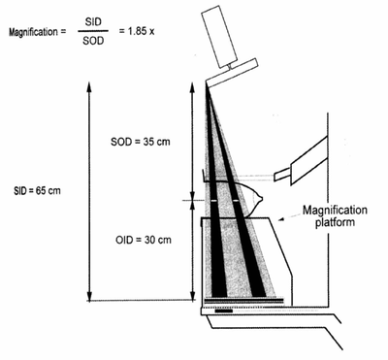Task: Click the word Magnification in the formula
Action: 32,32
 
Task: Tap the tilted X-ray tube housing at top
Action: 226,35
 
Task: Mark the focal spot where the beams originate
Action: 208,87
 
